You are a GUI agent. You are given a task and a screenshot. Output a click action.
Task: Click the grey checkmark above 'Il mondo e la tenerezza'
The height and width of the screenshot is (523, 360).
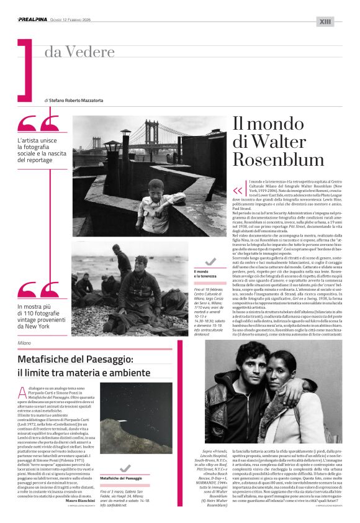(211, 262)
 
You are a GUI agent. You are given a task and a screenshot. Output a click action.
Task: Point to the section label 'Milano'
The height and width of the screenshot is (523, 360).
(25, 342)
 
